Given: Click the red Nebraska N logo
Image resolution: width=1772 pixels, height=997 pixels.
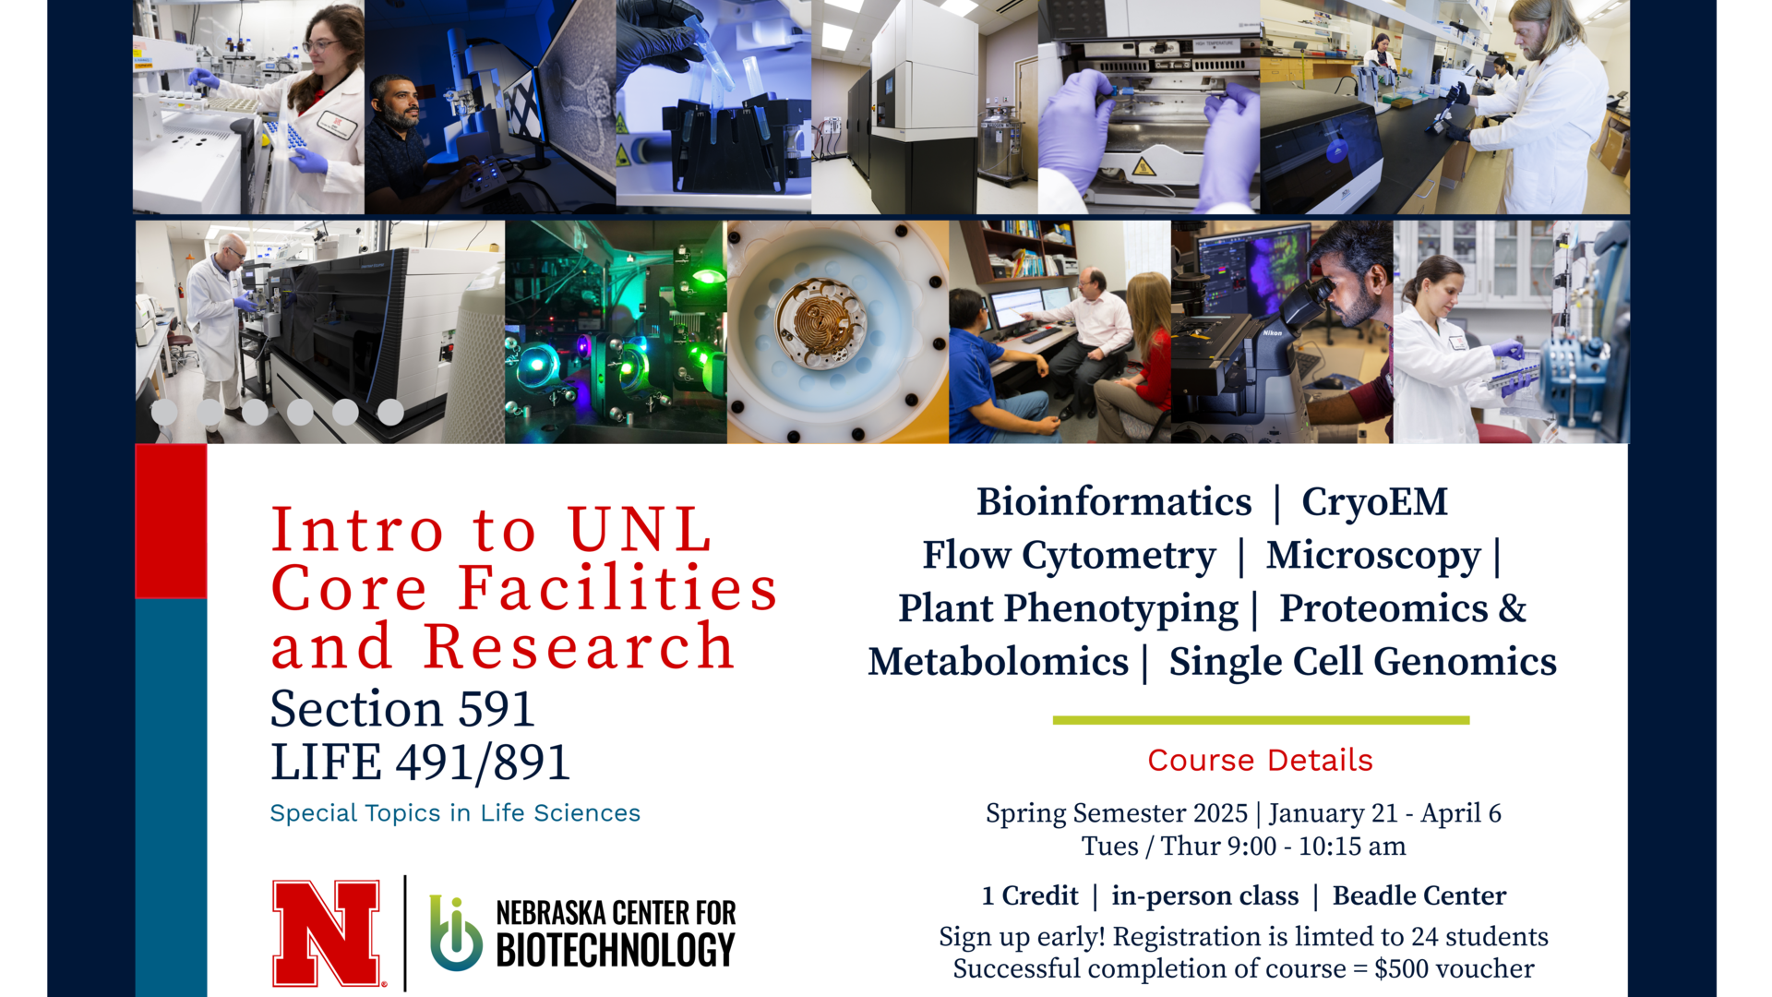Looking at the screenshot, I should click(x=327, y=932).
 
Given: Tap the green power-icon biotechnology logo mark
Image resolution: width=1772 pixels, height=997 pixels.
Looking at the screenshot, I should click(x=455, y=934).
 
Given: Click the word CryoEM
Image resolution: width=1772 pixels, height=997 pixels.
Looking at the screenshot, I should click(x=1374, y=502).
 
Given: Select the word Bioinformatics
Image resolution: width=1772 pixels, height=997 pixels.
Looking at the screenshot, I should click(x=1114, y=502).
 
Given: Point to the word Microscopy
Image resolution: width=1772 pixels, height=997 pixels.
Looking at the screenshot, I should click(x=1372, y=556).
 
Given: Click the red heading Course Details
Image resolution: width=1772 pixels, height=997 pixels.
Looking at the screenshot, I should click(x=1260, y=760).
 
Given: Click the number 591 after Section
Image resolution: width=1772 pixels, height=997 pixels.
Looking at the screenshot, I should click(x=497, y=709).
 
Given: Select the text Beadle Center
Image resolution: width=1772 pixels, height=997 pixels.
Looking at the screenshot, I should click(x=1419, y=895).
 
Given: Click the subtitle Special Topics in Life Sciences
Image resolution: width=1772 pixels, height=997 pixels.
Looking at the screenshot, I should click(x=455, y=813).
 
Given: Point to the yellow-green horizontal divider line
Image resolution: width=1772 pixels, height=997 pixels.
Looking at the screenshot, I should click(x=1261, y=720).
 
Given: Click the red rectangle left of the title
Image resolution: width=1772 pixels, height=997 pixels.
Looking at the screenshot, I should click(x=172, y=521).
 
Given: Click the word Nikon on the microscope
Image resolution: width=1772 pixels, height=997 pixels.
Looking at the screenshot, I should click(x=1272, y=332).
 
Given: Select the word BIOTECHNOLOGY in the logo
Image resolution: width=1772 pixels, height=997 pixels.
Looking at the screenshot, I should click(x=616, y=951).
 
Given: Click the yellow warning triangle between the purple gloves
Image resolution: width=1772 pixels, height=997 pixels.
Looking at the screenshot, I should click(x=1143, y=167).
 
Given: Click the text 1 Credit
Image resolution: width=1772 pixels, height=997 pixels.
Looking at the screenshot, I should click(x=1029, y=895).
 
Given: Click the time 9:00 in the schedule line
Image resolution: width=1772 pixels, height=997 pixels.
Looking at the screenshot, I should click(x=1251, y=847).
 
